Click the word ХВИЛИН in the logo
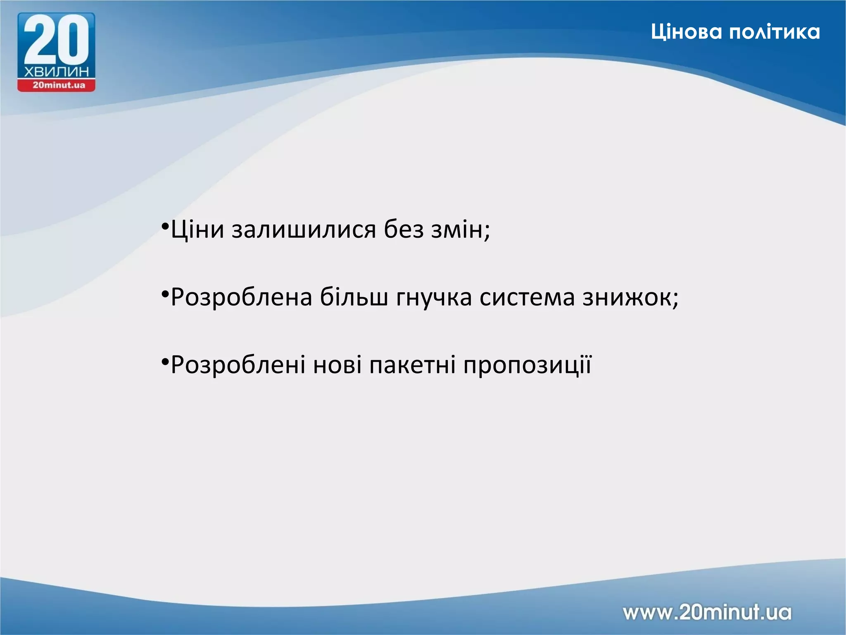[x=57, y=72]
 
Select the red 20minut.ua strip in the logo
[x=57, y=86]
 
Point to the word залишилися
[x=304, y=230]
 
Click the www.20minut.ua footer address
[x=707, y=612]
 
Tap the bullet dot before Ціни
[x=165, y=227]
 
